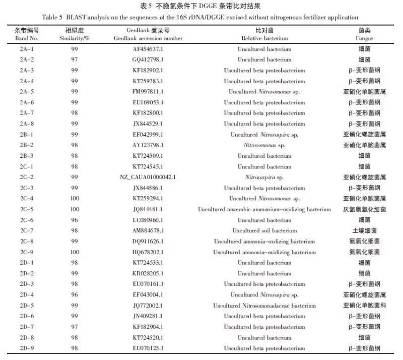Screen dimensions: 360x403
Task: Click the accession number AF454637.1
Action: [x=148, y=49]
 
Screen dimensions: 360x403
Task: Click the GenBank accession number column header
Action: [x=148, y=35]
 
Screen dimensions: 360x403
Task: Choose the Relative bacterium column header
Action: [x=264, y=35]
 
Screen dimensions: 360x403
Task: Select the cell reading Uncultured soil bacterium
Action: [x=264, y=230]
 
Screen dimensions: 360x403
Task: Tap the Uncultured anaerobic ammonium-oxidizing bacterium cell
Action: [x=264, y=209]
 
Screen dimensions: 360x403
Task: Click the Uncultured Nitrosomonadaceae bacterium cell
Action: [x=264, y=306]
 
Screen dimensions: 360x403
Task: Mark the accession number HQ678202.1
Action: [x=148, y=252]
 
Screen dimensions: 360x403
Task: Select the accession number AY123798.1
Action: [x=148, y=145]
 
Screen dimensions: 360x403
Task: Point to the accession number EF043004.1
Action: [x=148, y=295]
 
